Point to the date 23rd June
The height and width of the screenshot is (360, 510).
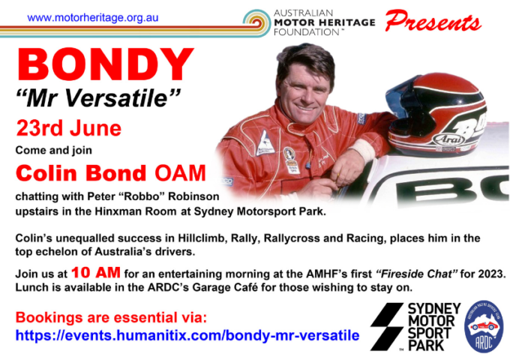click(69, 127)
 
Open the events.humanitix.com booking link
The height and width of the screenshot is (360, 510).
click(187, 334)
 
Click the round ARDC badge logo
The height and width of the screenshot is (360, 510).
click(484, 327)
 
